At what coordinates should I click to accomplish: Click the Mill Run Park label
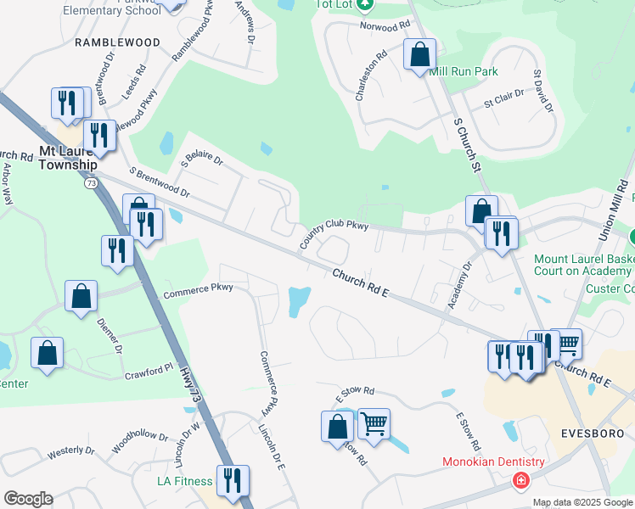(464, 72)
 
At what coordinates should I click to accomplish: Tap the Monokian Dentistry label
(493, 462)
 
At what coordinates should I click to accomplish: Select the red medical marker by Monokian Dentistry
(520, 481)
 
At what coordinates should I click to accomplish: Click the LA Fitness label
(184, 481)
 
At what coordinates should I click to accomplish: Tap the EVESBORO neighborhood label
(593, 433)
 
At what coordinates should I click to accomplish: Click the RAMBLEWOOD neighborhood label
(117, 42)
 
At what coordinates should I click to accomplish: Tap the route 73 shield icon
(90, 182)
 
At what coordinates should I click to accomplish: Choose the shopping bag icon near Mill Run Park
(419, 55)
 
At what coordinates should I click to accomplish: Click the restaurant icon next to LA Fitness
(232, 481)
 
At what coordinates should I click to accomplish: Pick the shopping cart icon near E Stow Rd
(374, 423)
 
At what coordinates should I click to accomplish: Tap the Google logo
(28, 499)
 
